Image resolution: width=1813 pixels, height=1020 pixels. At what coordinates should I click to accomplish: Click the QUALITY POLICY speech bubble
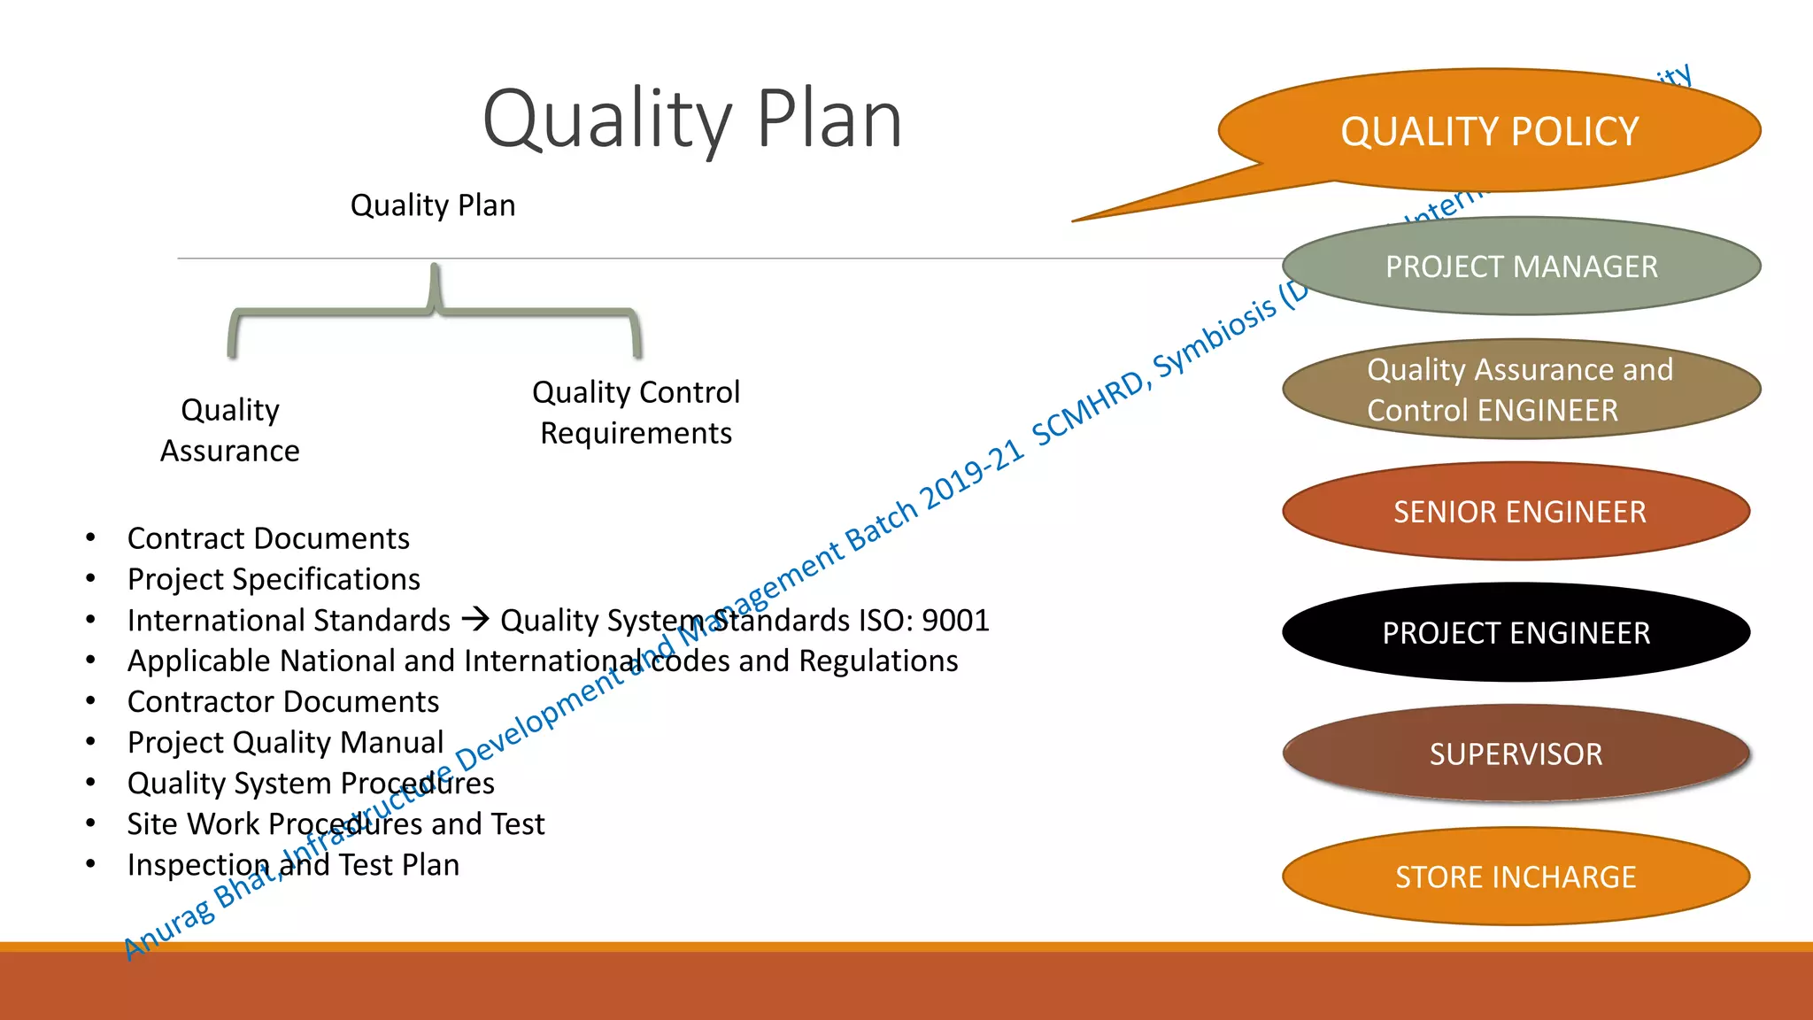point(1490,131)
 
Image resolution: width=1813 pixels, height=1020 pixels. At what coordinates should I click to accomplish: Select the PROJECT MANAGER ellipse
point(1521,267)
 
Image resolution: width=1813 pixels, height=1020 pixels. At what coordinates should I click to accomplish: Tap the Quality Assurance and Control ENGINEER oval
point(1521,390)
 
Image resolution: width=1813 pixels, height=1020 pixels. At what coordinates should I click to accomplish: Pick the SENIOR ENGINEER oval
point(1517,512)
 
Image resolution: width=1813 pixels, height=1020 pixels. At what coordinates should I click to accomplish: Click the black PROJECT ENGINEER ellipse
point(1516,633)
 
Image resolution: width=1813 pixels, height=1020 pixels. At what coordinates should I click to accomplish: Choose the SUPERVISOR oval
point(1516,754)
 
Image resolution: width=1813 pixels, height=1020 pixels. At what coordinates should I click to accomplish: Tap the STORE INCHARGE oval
point(1516,877)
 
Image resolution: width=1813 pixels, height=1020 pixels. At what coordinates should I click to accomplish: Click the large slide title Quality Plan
point(692,120)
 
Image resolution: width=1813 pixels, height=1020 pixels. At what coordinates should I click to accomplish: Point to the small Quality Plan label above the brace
point(433,205)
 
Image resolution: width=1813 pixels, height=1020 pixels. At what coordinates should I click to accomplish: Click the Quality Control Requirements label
point(636,413)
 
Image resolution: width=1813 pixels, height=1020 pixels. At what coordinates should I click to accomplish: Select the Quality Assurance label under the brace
point(230,430)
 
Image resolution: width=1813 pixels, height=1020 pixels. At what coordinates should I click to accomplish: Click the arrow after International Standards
point(475,619)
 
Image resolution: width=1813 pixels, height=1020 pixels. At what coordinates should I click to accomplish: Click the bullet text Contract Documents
point(268,538)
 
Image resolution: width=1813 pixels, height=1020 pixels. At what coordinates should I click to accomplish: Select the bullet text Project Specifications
point(274,579)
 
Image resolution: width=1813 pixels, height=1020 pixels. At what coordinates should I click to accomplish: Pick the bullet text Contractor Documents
point(283,701)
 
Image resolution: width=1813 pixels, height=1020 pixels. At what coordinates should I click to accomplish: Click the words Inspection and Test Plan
point(293,865)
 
